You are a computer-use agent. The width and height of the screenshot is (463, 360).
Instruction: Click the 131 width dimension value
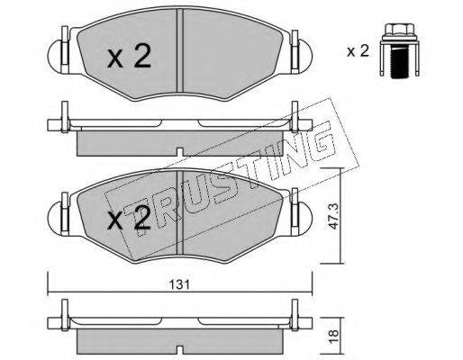tap(179, 284)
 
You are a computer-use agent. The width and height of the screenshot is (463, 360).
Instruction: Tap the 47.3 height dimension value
tap(332, 216)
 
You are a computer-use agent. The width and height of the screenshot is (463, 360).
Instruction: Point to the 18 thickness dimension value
tap(333, 333)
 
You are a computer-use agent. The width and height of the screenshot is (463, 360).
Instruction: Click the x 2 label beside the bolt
tap(358, 51)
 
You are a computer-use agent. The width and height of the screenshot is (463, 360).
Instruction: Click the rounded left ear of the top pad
tap(56, 57)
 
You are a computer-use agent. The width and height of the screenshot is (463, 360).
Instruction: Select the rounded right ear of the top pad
tap(304, 57)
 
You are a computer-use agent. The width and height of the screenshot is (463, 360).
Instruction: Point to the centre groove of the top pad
tap(180, 50)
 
